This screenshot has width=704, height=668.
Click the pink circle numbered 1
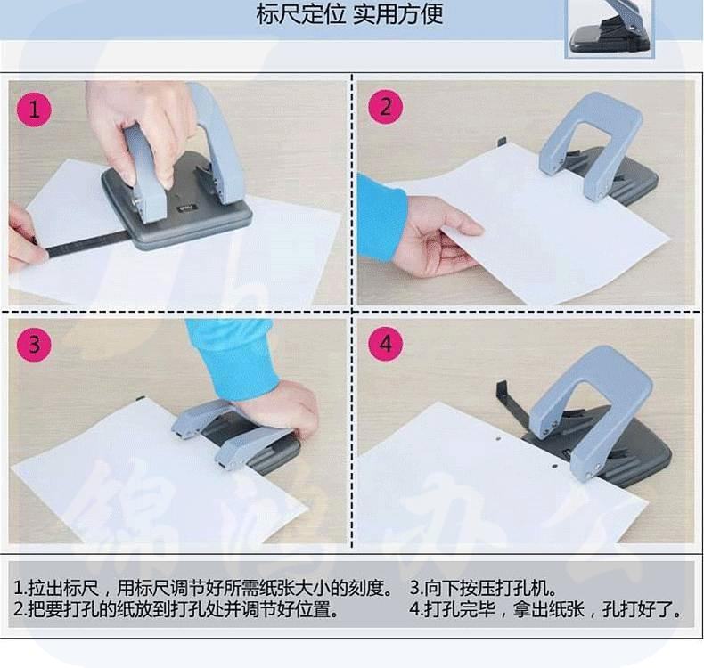[34, 110]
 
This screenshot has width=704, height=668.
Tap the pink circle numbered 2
[386, 108]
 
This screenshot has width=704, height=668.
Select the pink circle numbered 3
[34, 345]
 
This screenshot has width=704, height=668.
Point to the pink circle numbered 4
[386, 345]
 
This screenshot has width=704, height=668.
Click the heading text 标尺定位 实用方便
[349, 13]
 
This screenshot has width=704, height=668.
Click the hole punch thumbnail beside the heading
[610, 28]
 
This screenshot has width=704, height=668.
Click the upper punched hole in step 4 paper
[498, 438]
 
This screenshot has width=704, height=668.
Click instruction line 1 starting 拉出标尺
[203, 588]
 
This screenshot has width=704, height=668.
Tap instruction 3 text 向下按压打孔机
[483, 588]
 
